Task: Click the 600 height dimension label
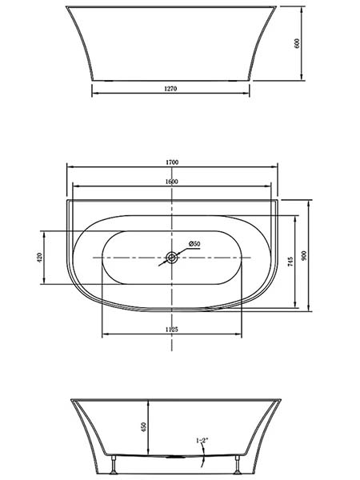click(297, 43)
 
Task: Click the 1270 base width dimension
click(171, 89)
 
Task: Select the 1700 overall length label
click(172, 162)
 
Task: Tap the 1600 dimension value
click(172, 182)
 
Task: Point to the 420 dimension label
click(39, 258)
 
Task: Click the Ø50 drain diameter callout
click(194, 244)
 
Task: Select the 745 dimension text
click(290, 262)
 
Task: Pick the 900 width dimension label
click(304, 256)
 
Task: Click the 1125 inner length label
click(172, 330)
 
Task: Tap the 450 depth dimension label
click(144, 427)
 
